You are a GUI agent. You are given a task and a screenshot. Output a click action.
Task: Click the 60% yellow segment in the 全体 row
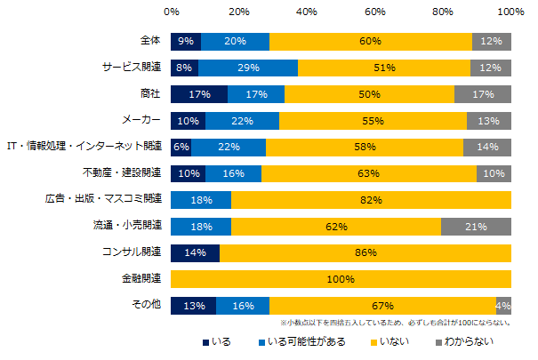click(370, 42)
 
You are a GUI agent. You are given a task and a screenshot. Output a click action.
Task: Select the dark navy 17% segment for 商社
click(198, 94)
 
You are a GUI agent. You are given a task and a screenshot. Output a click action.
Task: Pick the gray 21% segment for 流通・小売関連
click(476, 227)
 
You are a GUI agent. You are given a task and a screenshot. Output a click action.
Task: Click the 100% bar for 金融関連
click(341, 279)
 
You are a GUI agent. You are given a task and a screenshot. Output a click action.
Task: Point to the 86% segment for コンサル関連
click(365, 252)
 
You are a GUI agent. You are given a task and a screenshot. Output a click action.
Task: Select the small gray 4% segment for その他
click(504, 305)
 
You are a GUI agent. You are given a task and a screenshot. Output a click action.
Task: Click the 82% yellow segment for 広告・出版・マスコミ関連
click(370, 200)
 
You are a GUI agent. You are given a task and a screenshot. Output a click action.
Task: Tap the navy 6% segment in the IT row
click(181, 148)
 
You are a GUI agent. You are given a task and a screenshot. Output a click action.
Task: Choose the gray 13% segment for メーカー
click(489, 121)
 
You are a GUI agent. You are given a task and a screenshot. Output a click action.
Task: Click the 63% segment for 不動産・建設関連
click(369, 173)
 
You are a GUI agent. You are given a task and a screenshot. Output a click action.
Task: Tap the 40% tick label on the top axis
click(306, 13)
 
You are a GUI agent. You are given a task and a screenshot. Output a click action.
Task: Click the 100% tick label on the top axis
click(510, 13)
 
